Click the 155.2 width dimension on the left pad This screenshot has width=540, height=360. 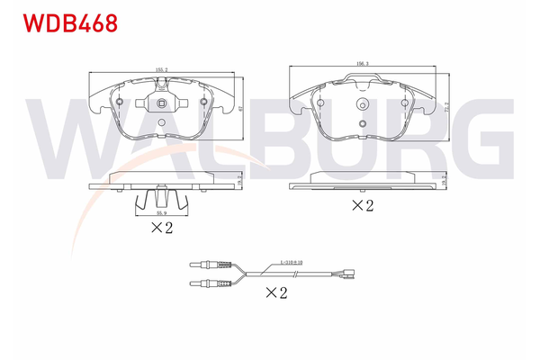(x=162, y=68)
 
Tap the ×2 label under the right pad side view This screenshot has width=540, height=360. (x=362, y=206)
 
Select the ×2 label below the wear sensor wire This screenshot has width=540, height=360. (x=276, y=292)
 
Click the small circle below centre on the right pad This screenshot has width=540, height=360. (x=361, y=124)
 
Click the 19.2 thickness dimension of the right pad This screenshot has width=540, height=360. (x=445, y=181)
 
